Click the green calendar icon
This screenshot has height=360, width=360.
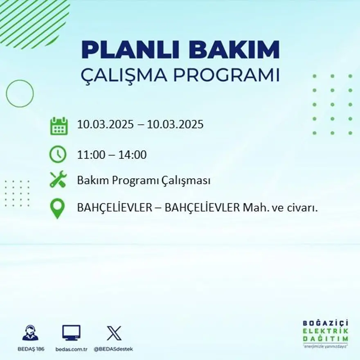click(59, 126)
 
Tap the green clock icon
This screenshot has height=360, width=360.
click(58, 154)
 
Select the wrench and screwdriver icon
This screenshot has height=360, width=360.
click(58, 180)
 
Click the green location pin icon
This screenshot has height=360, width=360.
click(57, 208)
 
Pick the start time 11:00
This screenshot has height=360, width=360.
click(90, 155)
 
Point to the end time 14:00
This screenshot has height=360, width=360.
click(133, 155)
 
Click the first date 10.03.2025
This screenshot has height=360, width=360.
click(105, 124)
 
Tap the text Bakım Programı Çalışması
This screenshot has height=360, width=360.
click(144, 180)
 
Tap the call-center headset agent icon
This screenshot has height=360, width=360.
click(30, 333)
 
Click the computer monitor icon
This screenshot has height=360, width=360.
click(71, 333)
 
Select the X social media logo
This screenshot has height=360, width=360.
click(114, 333)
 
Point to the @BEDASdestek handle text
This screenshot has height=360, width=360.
click(113, 349)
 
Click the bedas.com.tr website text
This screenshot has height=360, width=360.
click(72, 349)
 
